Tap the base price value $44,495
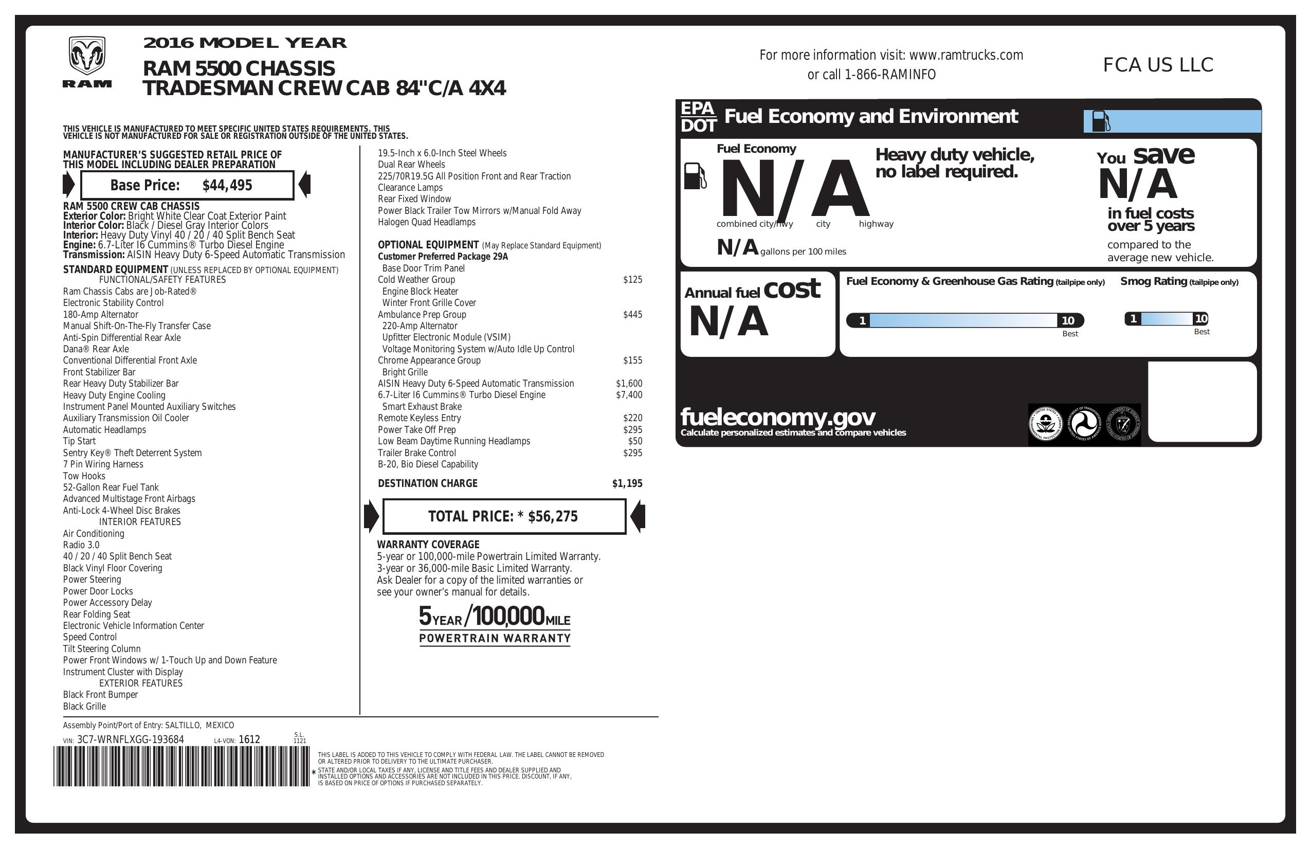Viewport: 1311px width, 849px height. pos(227,185)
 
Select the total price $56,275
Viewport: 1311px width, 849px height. pos(553,516)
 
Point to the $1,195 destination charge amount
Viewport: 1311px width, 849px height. pos(627,484)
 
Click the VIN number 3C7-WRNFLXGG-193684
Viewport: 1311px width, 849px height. pos(131,739)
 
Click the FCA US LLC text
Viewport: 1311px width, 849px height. pos(1158,65)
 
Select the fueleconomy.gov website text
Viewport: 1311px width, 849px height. pos(778,417)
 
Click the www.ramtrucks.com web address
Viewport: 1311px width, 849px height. pos(966,55)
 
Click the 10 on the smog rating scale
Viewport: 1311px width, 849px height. pos(1201,318)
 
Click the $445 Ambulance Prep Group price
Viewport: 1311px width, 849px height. pos(632,315)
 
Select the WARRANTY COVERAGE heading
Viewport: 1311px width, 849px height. pos(428,545)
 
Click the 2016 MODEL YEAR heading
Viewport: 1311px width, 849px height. pos(245,43)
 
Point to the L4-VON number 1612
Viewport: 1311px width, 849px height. pos(249,739)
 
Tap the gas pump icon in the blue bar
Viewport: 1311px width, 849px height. pos(1101,121)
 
